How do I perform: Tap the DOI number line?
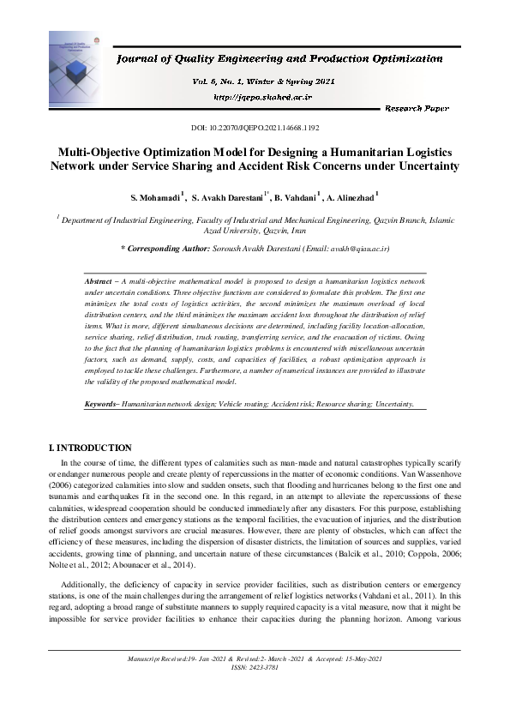pos(255,128)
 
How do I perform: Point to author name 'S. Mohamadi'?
pos(154,198)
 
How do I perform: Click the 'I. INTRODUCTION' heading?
pos(90,448)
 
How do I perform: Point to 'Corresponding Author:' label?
pos(165,248)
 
